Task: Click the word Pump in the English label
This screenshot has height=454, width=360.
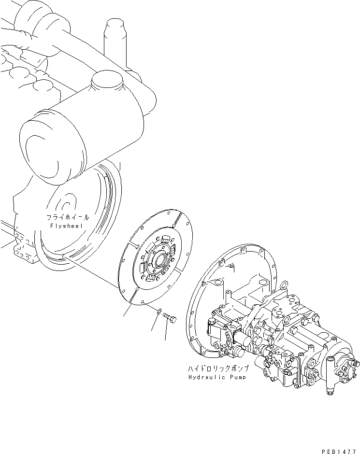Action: click(236, 377)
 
